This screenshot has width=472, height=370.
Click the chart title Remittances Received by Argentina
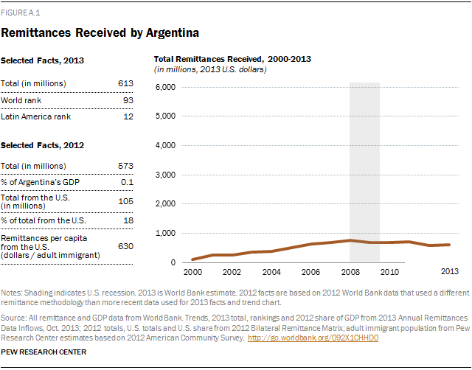click(x=100, y=33)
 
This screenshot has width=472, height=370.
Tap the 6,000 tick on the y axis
click(x=167, y=87)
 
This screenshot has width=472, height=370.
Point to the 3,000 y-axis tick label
click(x=167, y=175)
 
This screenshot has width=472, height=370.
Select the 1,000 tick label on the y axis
click(x=167, y=233)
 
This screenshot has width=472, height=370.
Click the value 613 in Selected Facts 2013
click(x=125, y=83)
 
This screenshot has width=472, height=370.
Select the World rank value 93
click(x=128, y=100)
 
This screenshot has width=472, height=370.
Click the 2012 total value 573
click(x=125, y=165)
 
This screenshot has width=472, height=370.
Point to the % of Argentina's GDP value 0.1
click(x=127, y=182)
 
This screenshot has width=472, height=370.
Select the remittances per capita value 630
click(x=125, y=245)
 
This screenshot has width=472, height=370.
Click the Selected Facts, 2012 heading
click(x=44, y=145)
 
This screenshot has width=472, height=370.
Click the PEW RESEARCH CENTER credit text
click(x=44, y=352)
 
